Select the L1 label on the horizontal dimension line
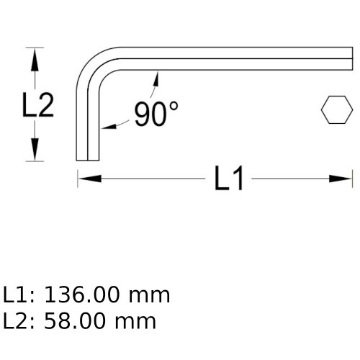230,179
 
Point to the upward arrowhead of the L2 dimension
33,57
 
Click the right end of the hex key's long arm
351,59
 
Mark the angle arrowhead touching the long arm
153,76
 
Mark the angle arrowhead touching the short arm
106,128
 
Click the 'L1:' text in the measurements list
19,295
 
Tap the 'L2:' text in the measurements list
19,321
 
